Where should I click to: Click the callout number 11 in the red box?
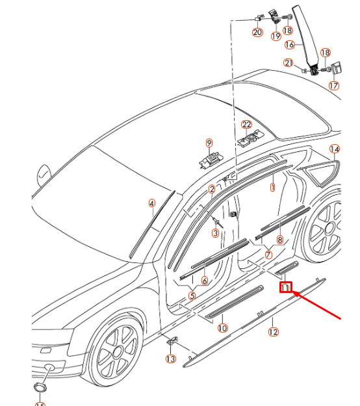pyautogui.click(x=286, y=287)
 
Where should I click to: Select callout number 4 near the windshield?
pyautogui.click(x=151, y=203)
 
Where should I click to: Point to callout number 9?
pyautogui.click(x=209, y=143)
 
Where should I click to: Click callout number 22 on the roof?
pyautogui.click(x=246, y=125)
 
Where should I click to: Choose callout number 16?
pyautogui.click(x=290, y=45)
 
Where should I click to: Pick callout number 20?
pyautogui.click(x=257, y=32)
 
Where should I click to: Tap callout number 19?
pyautogui.click(x=276, y=36)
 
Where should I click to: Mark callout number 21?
pyautogui.click(x=289, y=62)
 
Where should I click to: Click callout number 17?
pyautogui.click(x=334, y=85)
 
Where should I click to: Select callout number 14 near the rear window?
pyautogui.click(x=335, y=149)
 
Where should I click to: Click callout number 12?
pyautogui.click(x=274, y=332)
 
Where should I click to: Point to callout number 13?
pyautogui.click(x=170, y=359)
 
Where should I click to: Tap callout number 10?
pyautogui.click(x=223, y=329)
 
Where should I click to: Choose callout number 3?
pyautogui.click(x=215, y=233)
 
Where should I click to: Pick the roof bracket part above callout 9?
pyautogui.click(x=212, y=159)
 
